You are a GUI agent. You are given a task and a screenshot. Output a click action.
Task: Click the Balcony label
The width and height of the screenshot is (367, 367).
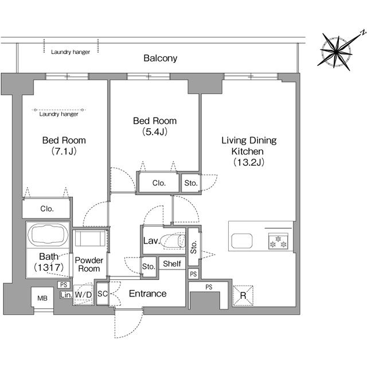tap(161, 58)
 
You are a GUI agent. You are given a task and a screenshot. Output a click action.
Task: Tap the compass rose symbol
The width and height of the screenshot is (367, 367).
tap(336, 51)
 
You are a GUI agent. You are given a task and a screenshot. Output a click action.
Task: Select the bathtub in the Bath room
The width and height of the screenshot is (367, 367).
tap(48, 235)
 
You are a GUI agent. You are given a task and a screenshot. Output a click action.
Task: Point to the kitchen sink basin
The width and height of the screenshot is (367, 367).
tap(242, 241)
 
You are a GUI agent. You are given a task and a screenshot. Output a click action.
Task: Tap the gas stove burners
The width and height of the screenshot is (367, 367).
tap(278, 241)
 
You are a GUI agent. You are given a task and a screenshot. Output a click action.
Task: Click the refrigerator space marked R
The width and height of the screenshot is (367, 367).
tap(243, 295)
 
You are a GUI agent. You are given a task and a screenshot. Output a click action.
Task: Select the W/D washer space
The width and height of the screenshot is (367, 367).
tap(83, 295)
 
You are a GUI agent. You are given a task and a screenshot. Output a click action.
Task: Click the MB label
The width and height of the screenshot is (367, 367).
tap(42, 298)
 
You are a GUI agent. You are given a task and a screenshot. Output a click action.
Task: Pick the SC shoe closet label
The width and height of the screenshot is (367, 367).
tap(102, 294)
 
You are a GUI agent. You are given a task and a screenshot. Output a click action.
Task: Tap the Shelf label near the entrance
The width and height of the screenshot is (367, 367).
tap(172, 264)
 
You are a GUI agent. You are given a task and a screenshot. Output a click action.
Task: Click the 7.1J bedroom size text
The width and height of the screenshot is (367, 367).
tap(64, 151)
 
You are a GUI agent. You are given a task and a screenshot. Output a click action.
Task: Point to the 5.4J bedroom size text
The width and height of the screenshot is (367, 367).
tap(155, 132)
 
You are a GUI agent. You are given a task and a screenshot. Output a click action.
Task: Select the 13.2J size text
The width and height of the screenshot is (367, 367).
tap(249, 162)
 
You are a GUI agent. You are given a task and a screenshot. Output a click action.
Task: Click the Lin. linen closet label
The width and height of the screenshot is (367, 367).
tap(66, 295)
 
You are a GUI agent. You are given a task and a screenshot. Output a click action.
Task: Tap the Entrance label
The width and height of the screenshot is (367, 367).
tap(148, 294)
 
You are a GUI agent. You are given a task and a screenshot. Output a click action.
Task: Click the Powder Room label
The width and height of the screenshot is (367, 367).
tap(89, 264)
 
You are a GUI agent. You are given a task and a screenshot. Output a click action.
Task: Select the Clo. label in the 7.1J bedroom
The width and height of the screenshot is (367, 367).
tap(47, 209)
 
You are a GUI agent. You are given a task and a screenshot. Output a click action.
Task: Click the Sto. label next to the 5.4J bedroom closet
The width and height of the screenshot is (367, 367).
tap(191, 183)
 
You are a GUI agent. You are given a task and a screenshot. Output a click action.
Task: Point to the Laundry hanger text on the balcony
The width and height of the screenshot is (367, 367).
tap(71, 52)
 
